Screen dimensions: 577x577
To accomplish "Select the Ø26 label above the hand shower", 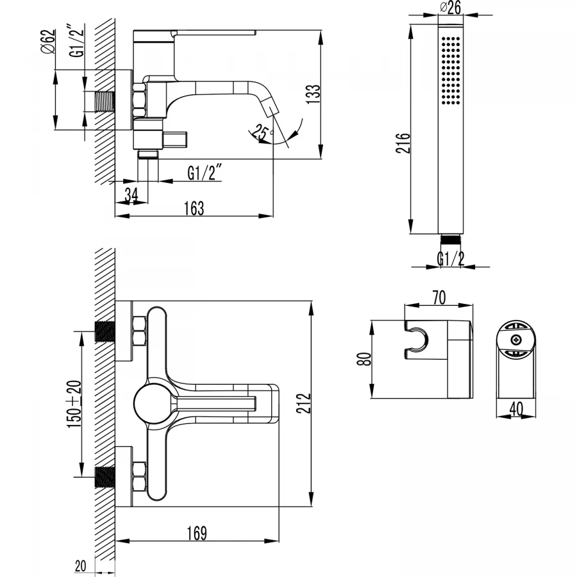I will (452, 8).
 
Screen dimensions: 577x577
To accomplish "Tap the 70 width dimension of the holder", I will (439, 298).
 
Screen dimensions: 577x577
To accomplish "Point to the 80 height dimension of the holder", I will (364, 360).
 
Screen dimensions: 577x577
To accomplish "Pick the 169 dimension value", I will (197, 532).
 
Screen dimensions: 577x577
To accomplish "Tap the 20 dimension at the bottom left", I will (81, 565).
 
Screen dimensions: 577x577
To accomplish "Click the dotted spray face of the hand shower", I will (451, 71).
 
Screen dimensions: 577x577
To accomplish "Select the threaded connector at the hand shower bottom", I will (451, 240).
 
